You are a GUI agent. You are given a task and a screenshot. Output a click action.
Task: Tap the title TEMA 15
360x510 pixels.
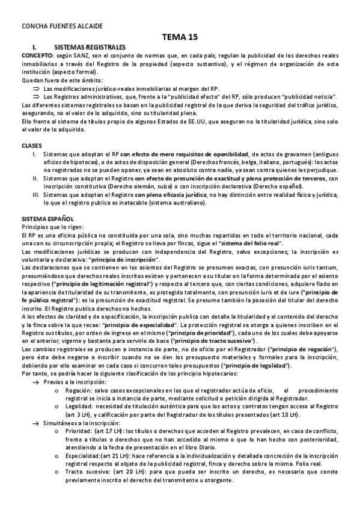point(180,37)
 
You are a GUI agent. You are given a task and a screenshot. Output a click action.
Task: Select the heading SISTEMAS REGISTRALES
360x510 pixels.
point(90,46)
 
